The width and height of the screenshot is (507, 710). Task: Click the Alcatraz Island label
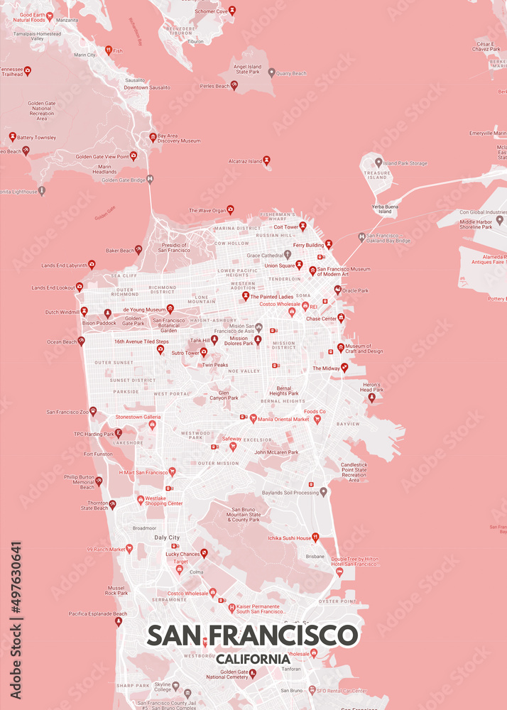click(x=245, y=161)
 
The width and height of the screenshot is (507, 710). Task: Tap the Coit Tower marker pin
click(x=302, y=226)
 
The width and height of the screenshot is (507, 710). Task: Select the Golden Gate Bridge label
click(x=123, y=180)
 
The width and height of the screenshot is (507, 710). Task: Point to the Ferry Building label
click(x=308, y=245)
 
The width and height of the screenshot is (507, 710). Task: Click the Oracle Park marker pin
click(x=337, y=290)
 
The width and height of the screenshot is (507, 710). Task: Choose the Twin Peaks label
click(x=215, y=365)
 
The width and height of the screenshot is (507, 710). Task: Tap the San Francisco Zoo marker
click(x=93, y=411)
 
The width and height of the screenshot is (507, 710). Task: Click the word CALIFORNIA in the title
click(x=253, y=659)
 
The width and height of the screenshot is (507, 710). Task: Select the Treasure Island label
click(x=377, y=175)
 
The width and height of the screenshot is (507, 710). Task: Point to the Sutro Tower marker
click(x=204, y=352)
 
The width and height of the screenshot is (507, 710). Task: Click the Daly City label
click(x=167, y=537)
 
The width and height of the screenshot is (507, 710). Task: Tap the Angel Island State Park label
click(x=248, y=70)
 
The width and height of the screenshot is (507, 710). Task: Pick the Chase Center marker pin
click(x=341, y=317)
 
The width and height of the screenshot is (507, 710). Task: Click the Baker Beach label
click(x=119, y=250)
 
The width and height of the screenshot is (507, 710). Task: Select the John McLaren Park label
click(x=276, y=452)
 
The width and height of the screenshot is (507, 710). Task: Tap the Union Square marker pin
click(x=299, y=266)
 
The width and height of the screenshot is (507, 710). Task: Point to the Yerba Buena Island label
click(x=384, y=208)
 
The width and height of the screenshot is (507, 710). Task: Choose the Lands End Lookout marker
click(x=80, y=288)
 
